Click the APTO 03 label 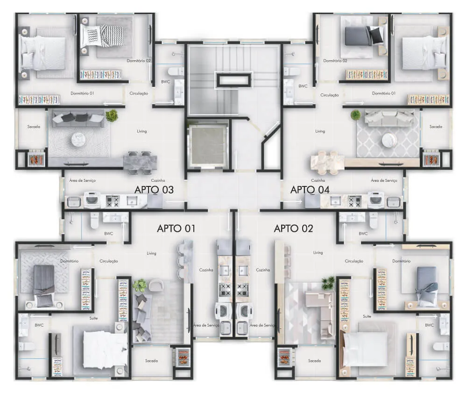click(154, 190)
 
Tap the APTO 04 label click(310, 190)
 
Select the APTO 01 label click(176, 229)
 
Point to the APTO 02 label click(293, 229)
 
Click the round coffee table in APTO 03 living click(78, 139)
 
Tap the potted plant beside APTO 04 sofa click(355, 114)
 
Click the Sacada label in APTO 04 click(436, 127)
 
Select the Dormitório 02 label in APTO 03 click(139, 61)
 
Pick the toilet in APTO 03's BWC click(176, 71)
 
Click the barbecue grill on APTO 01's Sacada click(182, 356)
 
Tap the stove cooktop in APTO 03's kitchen click(113, 201)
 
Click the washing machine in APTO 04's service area click(375, 200)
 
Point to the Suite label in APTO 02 click(367, 316)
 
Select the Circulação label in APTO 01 click(109, 261)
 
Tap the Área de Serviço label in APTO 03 click(83, 180)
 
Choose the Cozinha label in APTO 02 click(263, 270)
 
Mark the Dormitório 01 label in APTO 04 click(383, 93)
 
